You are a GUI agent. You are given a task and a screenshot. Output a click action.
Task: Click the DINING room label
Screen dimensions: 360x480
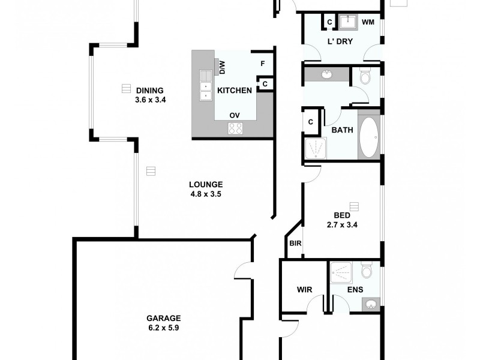click(x=150, y=91)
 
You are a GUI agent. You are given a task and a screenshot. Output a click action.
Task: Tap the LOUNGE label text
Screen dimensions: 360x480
click(x=206, y=185)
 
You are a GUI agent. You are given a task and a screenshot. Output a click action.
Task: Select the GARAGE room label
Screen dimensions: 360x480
click(x=164, y=319)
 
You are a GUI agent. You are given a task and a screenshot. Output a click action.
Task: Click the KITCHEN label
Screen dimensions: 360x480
click(x=234, y=91)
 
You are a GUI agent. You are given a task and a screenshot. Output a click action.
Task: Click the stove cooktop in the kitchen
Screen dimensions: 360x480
click(x=235, y=128)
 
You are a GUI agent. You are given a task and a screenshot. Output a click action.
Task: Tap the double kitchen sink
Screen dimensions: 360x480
click(x=206, y=85)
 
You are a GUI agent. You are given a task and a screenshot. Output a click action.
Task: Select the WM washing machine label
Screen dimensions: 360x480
click(x=368, y=22)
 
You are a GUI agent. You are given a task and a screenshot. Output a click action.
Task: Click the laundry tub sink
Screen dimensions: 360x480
click(x=348, y=22)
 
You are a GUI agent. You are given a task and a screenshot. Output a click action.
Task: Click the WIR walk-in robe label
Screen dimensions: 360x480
click(x=305, y=289)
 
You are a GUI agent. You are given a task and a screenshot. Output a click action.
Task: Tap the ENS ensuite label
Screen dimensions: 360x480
click(x=356, y=289)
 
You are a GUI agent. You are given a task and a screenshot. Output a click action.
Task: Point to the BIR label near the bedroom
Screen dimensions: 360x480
click(x=295, y=244)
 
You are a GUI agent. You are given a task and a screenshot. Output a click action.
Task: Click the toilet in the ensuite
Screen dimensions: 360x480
click(x=367, y=271)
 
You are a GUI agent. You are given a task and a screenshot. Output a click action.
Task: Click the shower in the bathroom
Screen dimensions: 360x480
click(x=316, y=149)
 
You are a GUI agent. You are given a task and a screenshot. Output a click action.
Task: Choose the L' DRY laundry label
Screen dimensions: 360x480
click(x=340, y=41)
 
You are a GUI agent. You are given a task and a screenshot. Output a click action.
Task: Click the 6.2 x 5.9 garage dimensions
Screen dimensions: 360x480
click(x=164, y=328)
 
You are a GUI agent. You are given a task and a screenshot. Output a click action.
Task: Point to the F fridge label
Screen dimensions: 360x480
click(x=262, y=63)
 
